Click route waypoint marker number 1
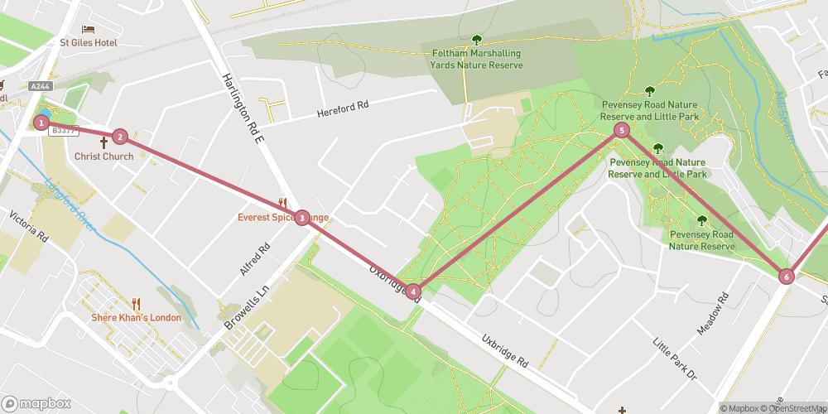(41, 123)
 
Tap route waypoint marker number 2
(120, 137)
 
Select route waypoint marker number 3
(303, 218)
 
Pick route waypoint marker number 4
(413, 291)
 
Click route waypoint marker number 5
(622, 130)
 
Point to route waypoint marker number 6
(786, 277)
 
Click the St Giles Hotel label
(88, 43)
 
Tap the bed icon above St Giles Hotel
(88, 29)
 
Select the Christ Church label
(103, 156)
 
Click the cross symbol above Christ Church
(103, 142)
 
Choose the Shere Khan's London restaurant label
(137, 318)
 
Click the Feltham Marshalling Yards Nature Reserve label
(476, 59)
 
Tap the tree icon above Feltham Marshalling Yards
(476, 39)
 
